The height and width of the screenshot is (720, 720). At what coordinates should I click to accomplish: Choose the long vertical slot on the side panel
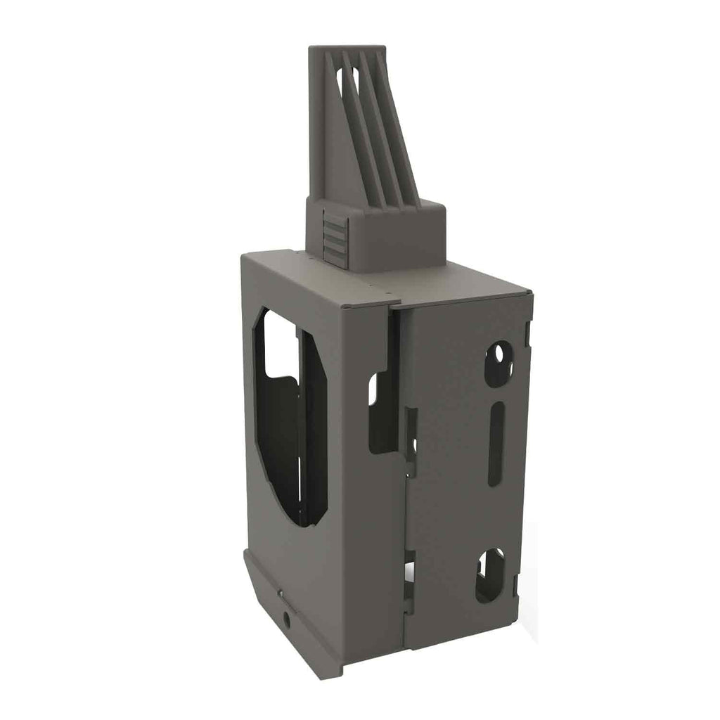click(496, 444)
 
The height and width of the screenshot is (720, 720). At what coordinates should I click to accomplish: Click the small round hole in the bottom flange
click(287, 619)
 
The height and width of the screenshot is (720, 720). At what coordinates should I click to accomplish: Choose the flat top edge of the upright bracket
click(347, 49)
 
